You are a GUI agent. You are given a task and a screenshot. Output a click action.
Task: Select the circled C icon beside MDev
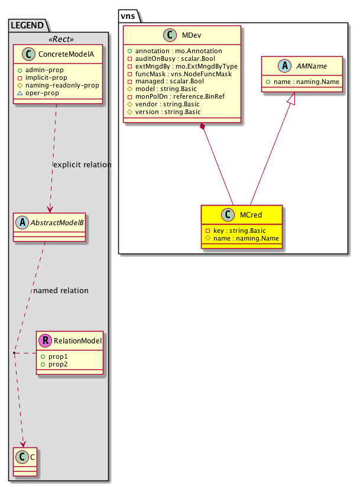coord(168,35)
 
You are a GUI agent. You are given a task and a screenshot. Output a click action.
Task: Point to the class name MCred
coord(251,215)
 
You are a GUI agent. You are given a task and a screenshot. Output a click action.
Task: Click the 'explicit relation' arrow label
coord(82,164)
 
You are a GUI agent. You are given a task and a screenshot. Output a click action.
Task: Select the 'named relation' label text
coord(61,290)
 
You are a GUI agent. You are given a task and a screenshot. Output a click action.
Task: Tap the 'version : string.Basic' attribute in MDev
coord(167,112)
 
